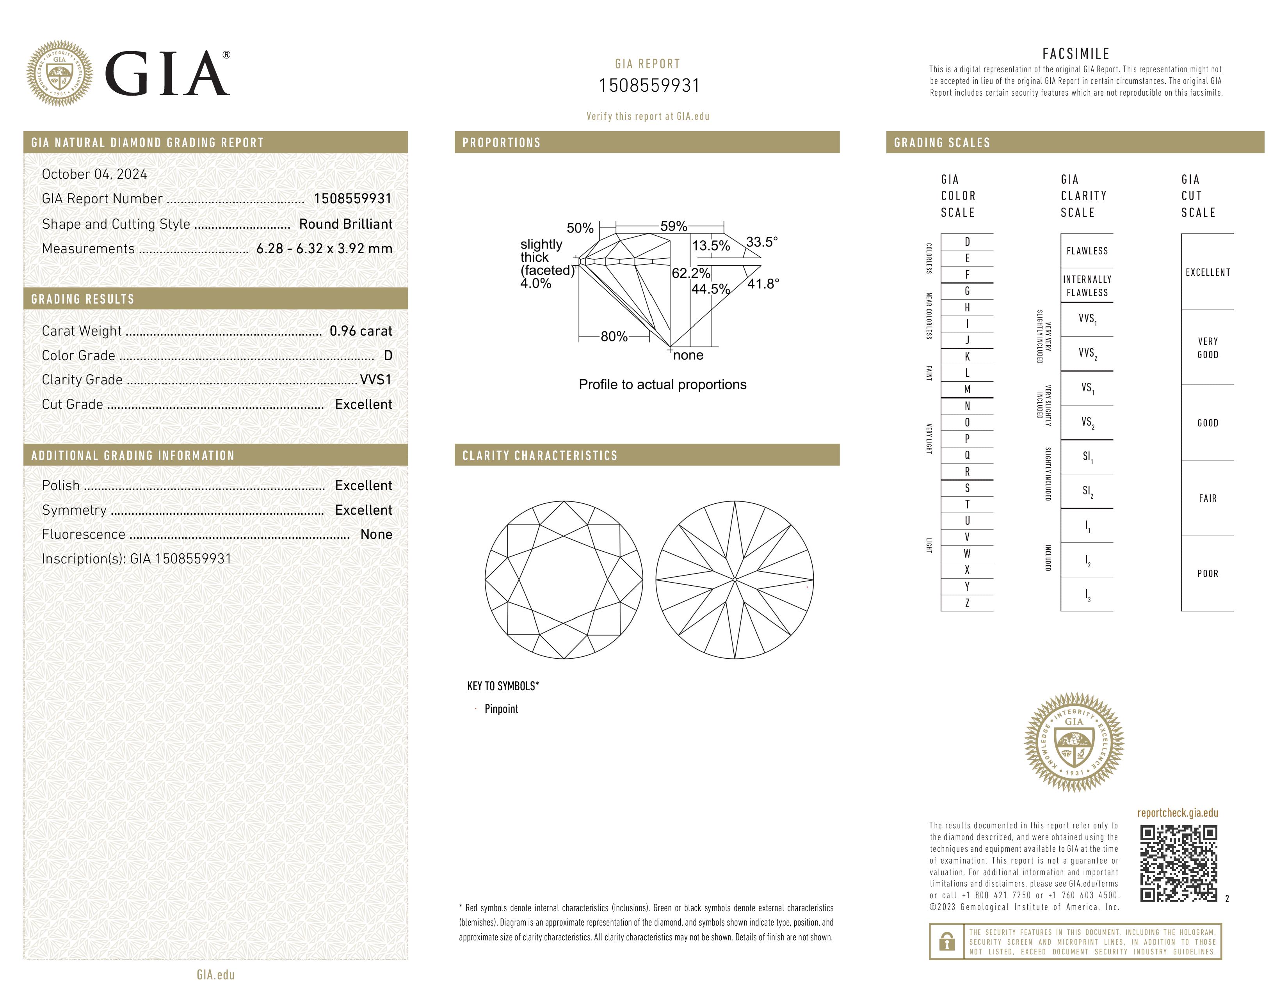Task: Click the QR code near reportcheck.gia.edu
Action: coord(1178,864)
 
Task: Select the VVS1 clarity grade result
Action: coord(375,380)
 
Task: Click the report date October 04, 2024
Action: coord(94,174)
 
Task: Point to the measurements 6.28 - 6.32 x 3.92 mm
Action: coord(324,249)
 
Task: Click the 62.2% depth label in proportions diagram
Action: coord(690,273)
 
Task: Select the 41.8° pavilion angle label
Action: coord(763,284)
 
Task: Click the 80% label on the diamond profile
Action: coord(614,337)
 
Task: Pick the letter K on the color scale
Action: coord(967,357)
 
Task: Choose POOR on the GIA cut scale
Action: coord(1207,574)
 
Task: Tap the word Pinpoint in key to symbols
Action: coord(501,709)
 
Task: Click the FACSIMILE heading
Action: coord(1076,53)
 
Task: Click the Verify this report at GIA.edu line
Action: coord(648,116)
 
